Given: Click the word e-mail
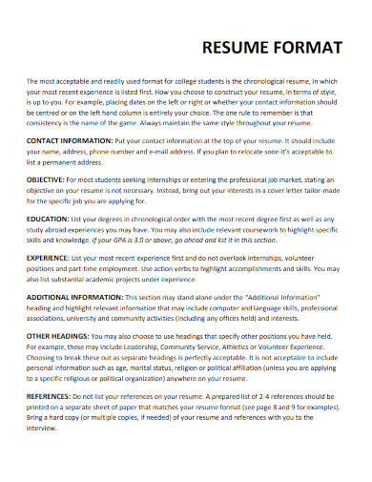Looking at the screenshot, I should coord(200,151).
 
